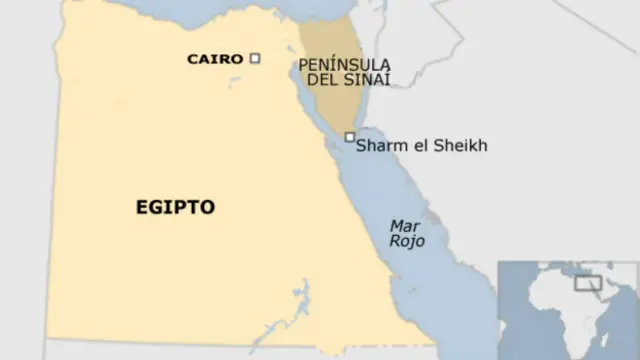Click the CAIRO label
pos(215,59)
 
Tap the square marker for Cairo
pos(255,58)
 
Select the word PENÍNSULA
pos(344,65)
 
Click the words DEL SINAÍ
pos(344,80)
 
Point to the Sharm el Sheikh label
pos(422,146)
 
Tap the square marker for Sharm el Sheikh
pos(349,137)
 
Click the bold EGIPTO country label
pos(175,207)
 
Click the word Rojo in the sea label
pos(406,241)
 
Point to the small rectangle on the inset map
pos(587,283)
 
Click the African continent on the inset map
pos(548,310)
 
